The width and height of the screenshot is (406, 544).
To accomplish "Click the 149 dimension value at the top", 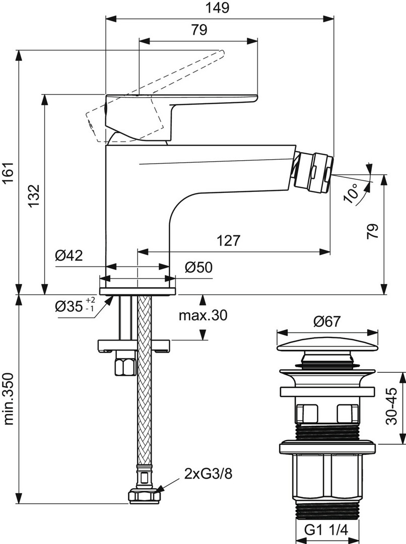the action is pyautogui.click(x=218, y=8).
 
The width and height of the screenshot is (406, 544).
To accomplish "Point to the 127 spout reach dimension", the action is pyautogui.click(x=228, y=240).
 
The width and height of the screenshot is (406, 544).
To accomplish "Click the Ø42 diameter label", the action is pyautogui.click(x=69, y=256).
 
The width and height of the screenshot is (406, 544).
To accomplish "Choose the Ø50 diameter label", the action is pyautogui.click(x=198, y=267).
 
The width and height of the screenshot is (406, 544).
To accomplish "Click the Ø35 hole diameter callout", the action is pyautogui.click(x=75, y=306).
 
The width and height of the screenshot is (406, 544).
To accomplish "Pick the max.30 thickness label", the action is pyautogui.click(x=203, y=315).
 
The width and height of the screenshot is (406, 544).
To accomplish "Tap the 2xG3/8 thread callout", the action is pyautogui.click(x=208, y=473).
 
